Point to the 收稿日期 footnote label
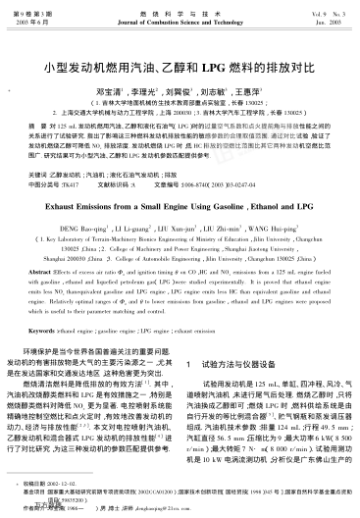pos(25,484)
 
